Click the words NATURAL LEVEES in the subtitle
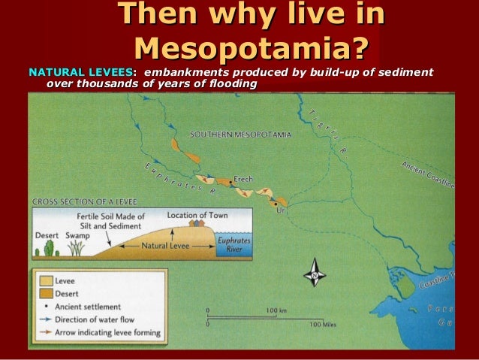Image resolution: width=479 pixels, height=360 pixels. [81, 72]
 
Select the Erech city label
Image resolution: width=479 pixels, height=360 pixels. [243, 179]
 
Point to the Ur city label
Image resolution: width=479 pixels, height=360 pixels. [282, 211]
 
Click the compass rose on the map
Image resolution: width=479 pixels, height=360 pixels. [314, 272]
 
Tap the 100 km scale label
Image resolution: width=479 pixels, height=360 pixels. [277, 309]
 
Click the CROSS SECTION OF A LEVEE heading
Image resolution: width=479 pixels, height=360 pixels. [80, 202]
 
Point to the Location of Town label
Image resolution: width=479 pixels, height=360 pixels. [197, 215]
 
